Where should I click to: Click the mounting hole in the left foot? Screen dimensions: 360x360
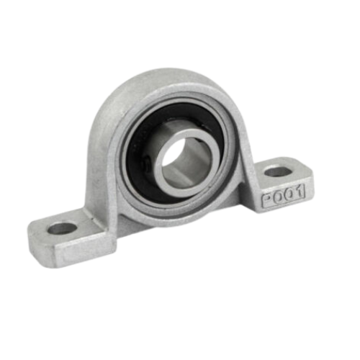(x=62, y=228)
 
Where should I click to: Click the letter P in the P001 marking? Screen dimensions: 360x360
(x=267, y=201)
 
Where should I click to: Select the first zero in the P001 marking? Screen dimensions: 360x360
(x=278, y=198)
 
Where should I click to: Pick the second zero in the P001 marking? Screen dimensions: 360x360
(x=289, y=195)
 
